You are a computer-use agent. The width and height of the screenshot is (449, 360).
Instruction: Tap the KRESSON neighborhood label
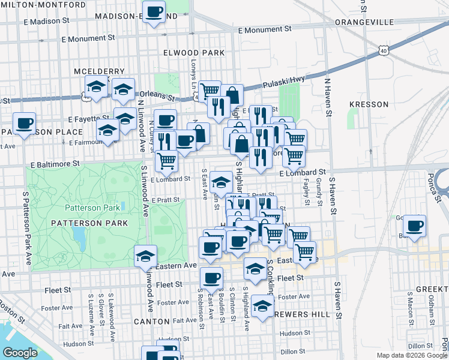(x=369, y=104)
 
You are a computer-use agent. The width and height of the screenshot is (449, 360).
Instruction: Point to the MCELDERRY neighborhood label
(x=99, y=71)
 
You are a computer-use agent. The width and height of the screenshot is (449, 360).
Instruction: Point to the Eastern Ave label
(x=176, y=265)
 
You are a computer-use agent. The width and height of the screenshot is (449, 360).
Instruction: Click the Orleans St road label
(x=157, y=95)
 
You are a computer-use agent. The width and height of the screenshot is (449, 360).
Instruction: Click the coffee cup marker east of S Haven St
(x=414, y=226)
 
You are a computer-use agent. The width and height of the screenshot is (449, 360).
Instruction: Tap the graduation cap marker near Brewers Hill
(x=262, y=306)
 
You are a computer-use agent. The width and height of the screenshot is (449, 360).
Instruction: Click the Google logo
(x=20, y=353)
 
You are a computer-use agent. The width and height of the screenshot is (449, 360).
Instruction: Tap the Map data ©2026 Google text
(x=412, y=355)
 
